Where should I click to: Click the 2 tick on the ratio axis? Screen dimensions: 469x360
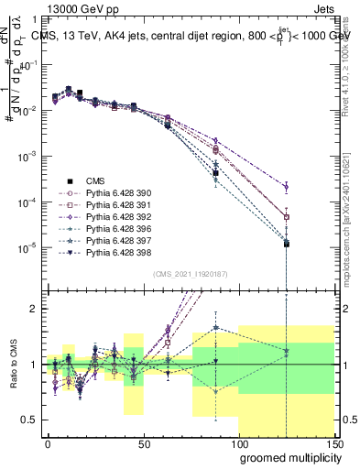(34, 309)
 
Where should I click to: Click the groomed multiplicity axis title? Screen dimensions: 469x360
(289, 458)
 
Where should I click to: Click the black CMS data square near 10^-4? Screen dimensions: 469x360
(215, 173)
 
